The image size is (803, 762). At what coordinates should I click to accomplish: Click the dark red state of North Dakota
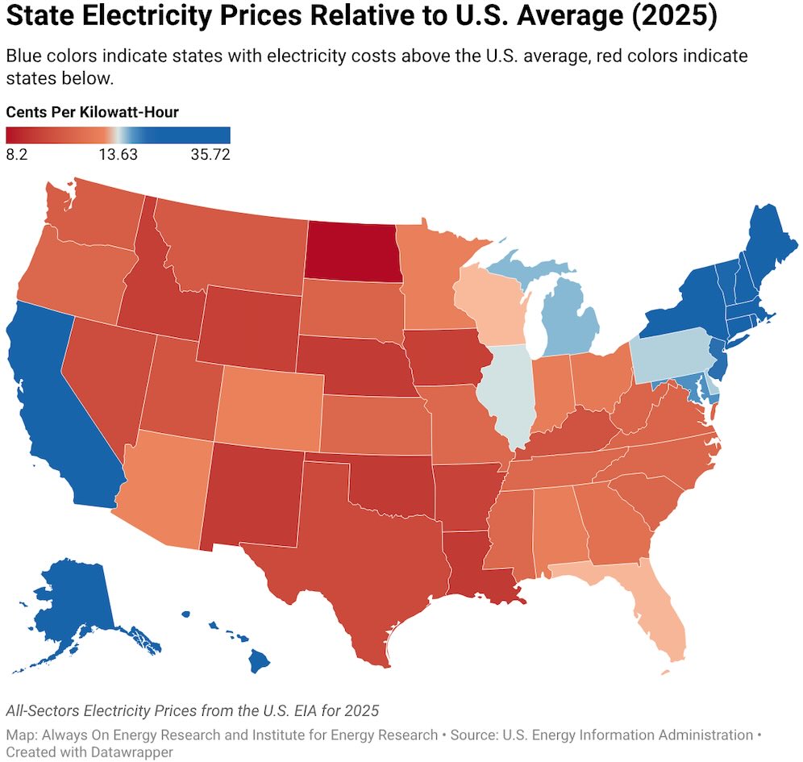pyautogui.click(x=352, y=251)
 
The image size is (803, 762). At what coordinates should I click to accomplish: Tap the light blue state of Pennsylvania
pyautogui.click(x=672, y=354)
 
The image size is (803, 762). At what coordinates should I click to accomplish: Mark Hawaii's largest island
pyautogui.click(x=259, y=660)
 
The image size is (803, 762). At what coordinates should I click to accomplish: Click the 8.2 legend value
pyautogui.click(x=17, y=154)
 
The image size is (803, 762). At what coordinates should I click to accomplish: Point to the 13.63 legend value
pyautogui.click(x=119, y=154)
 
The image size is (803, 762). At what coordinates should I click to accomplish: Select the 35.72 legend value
pyautogui.click(x=210, y=154)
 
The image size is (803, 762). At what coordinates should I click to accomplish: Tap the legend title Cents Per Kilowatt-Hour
pyautogui.click(x=92, y=112)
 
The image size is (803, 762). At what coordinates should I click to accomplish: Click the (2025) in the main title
pyautogui.click(x=674, y=16)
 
